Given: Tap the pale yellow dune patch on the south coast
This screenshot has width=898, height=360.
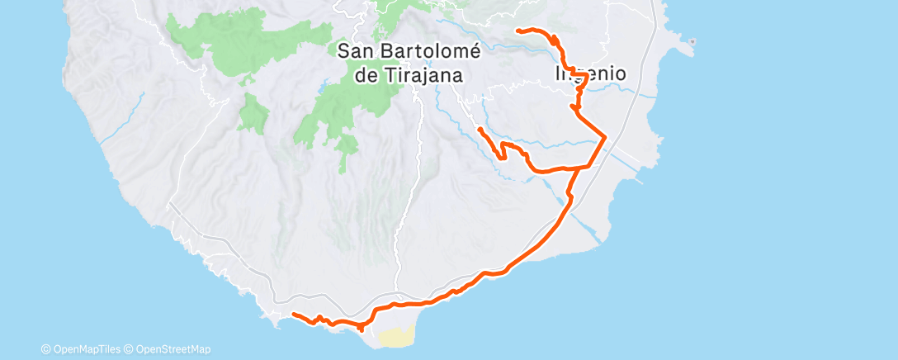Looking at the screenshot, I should click(396, 335).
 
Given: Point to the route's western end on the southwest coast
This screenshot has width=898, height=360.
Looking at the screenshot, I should click(295, 314).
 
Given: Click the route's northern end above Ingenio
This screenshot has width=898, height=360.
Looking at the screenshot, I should click(518, 31).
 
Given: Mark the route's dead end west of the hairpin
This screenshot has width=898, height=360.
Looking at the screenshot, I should click(480, 129).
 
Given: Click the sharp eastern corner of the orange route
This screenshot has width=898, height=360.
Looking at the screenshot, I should click(606, 136).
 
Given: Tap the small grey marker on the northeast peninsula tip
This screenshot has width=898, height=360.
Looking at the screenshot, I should click(694, 41).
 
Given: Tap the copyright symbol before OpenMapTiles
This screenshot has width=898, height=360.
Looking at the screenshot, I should click(45, 349).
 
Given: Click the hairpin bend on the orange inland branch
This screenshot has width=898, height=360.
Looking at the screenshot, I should click(500, 154).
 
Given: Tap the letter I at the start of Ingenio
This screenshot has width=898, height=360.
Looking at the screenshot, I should click(558, 73).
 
